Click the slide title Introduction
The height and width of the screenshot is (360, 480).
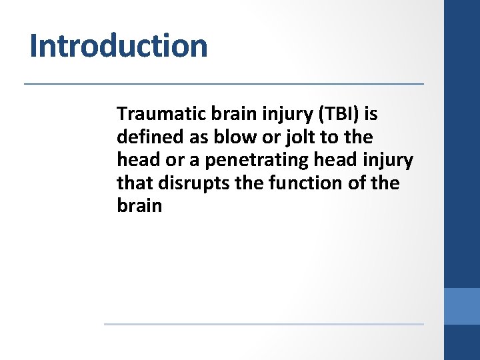[119, 46]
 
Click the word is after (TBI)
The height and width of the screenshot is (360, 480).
[371, 114]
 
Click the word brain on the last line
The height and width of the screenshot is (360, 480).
[139, 205]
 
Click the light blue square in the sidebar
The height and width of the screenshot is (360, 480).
[462, 306]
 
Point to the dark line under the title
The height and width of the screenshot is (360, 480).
[224, 84]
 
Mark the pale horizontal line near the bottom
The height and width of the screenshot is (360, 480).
[263, 325]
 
